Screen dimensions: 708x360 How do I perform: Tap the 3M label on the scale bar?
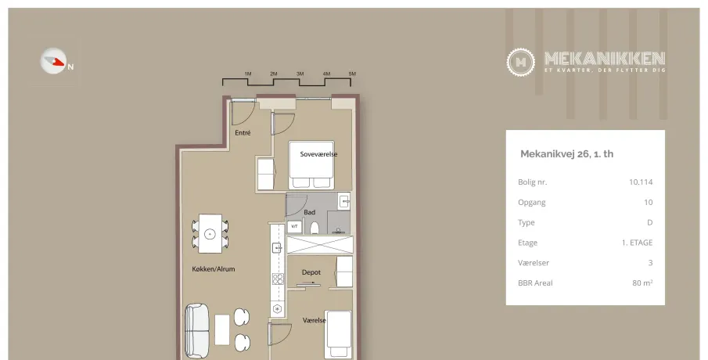pos(300,74)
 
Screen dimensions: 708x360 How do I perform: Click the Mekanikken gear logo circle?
pos(520,62)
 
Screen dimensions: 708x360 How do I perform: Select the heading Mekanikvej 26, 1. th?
pos(566,154)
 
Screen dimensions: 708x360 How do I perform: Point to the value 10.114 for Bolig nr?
pos(641,182)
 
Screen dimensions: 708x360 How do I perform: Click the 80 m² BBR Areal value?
pos(642,283)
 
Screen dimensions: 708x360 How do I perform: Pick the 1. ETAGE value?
pos(637,243)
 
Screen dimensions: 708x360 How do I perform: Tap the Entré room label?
pos(243,133)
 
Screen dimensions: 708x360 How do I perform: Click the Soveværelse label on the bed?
pos(318,154)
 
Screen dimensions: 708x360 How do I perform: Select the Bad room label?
pos(309,212)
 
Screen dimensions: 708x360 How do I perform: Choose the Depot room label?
pos(311,272)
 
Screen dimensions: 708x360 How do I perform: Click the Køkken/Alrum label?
pos(213,268)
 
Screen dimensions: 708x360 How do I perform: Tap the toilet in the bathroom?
pos(314,228)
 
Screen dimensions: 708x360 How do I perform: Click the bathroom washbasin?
pos(344,200)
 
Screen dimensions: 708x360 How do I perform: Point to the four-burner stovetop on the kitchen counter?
pos(278,279)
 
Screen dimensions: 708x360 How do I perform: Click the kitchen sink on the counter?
pos(277,247)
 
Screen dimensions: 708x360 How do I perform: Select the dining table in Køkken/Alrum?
pos(210,233)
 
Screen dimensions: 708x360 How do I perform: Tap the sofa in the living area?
pos(197,331)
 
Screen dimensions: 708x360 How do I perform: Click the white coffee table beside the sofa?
pos(221,329)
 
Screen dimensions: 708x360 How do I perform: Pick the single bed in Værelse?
pos(338,335)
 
